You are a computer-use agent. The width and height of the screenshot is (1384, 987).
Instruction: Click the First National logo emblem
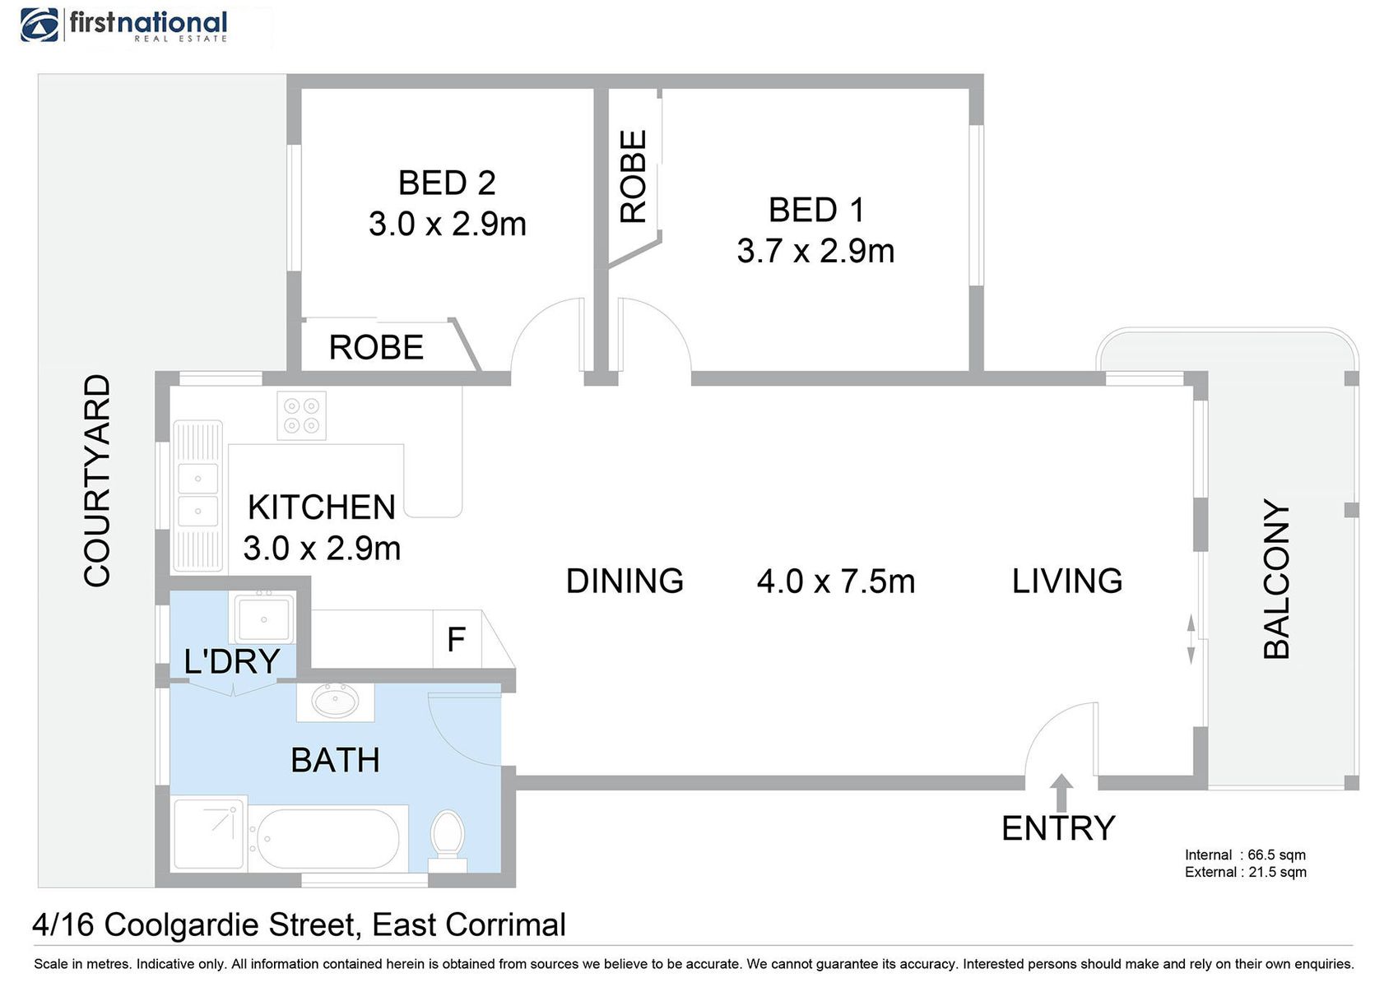coord(39,25)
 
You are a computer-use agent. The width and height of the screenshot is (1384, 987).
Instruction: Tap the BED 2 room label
coord(447,183)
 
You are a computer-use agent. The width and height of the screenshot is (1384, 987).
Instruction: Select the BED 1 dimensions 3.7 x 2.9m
coord(815,252)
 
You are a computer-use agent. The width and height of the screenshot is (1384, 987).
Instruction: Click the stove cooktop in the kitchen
coord(301,415)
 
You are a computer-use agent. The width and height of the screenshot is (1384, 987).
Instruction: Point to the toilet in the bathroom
coord(448,841)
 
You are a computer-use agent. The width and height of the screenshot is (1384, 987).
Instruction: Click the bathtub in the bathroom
coord(327,839)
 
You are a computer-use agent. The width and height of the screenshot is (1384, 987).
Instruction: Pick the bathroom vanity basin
coord(336,702)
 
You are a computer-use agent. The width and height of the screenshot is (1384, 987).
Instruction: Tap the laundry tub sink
coord(262,619)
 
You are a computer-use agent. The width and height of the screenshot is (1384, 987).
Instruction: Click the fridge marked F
coord(457,639)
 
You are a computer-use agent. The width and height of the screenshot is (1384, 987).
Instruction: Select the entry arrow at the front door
coord(1061,792)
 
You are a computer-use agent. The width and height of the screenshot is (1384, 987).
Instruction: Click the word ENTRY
coord(1058,828)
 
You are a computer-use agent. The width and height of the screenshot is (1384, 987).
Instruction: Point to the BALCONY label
coord(1276,579)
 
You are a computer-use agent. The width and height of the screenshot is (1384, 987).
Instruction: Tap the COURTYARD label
coord(97,480)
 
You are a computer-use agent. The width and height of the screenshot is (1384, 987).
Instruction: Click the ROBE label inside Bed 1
coord(634,176)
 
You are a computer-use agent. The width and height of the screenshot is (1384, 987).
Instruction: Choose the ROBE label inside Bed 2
coord(376,347)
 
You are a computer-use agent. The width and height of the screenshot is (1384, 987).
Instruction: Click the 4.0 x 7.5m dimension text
coord(836,582)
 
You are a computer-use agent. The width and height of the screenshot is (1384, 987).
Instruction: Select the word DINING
coord(625,582)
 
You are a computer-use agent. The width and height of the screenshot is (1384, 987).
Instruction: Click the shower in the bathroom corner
coord(210,834)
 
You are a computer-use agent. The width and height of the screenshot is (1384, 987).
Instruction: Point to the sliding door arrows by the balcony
coord(1191,640)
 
